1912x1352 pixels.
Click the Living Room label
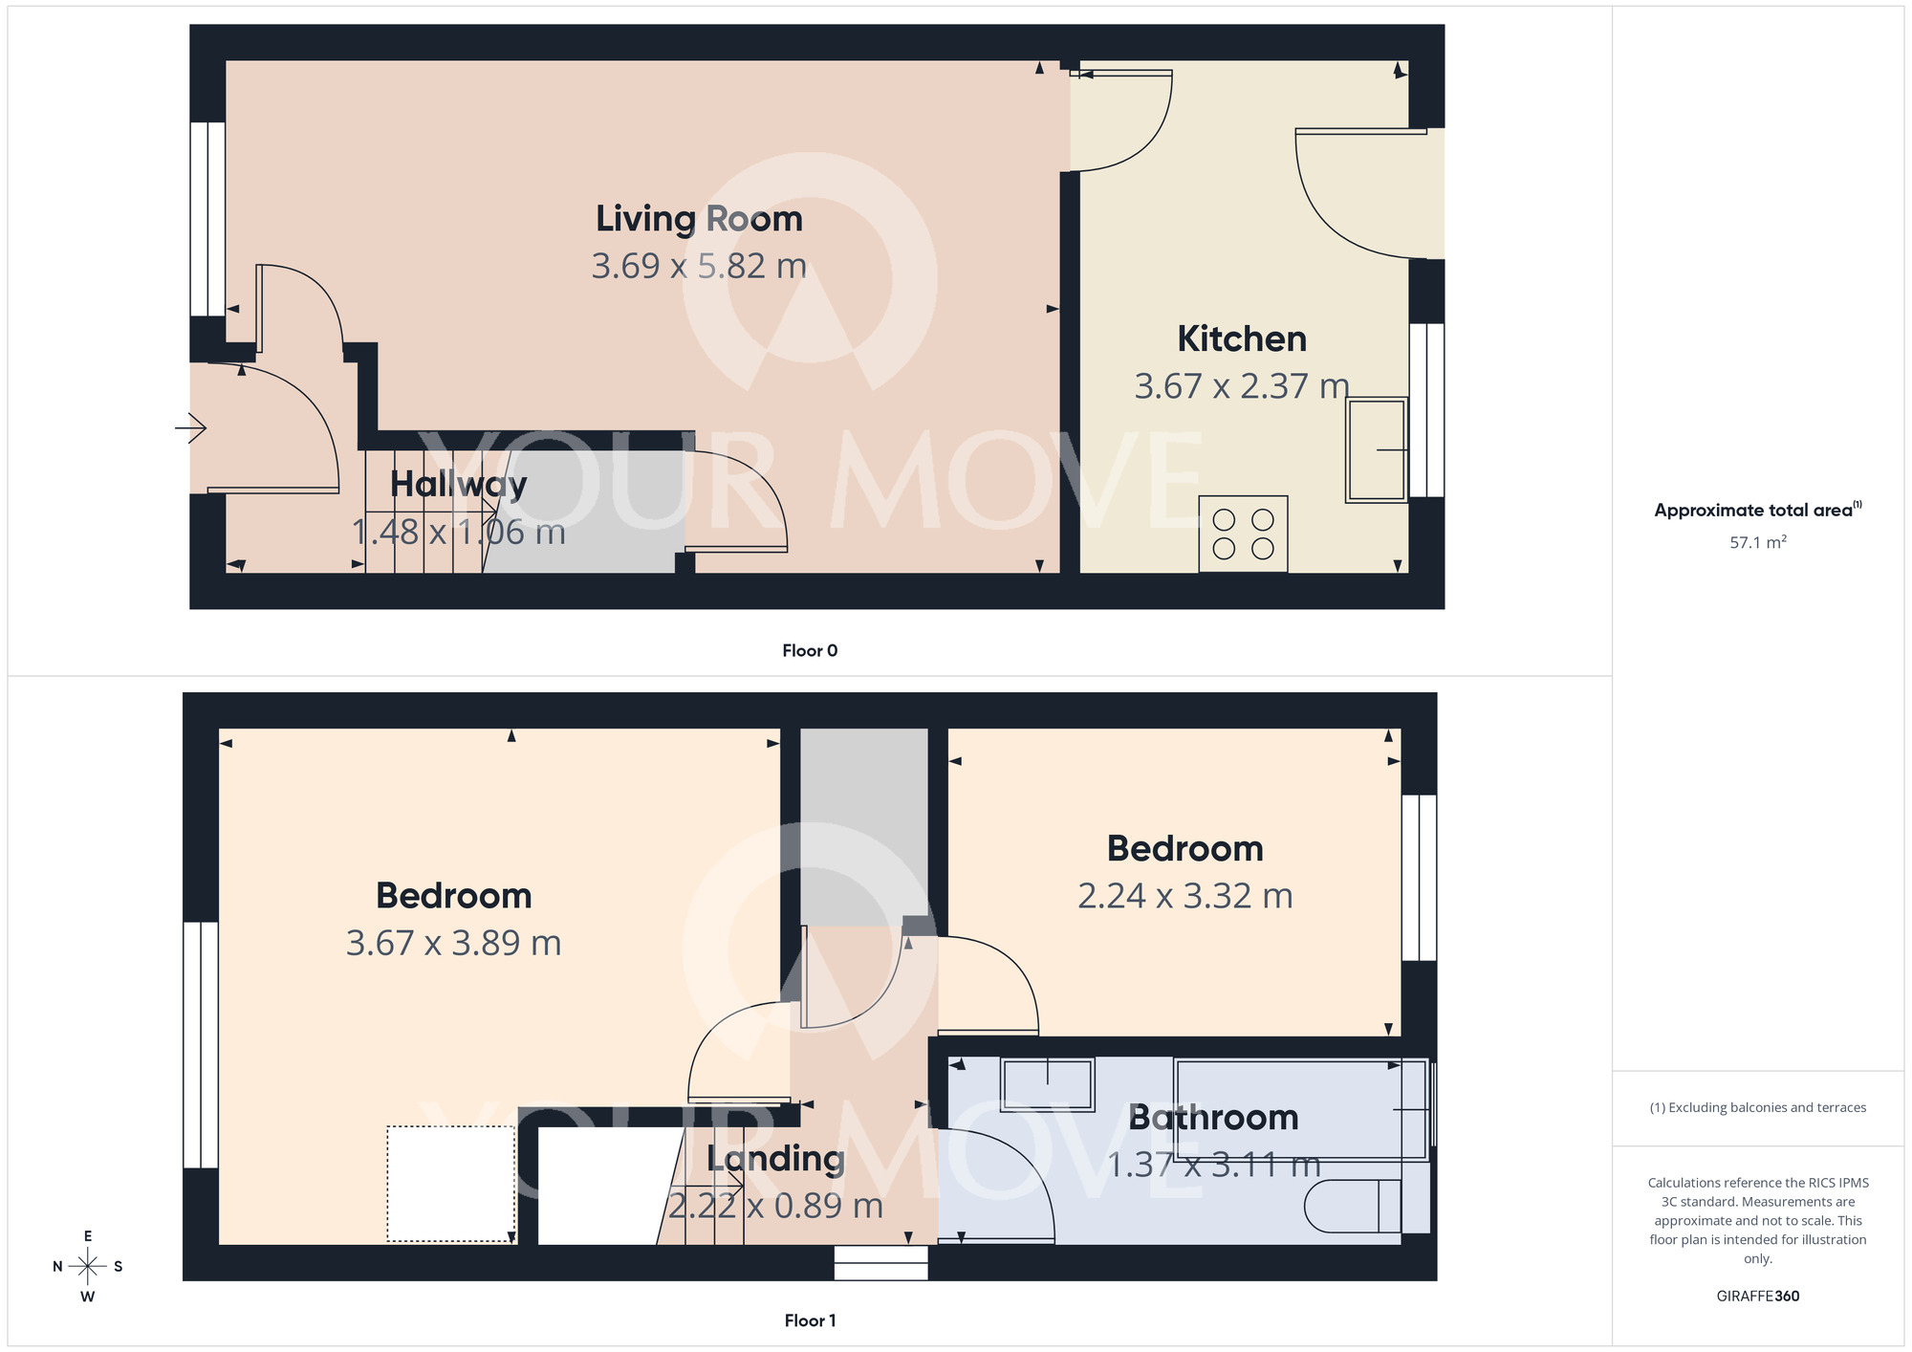coord(699,219)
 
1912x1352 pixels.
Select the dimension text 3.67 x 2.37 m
coord(1241,386)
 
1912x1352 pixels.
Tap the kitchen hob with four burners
coord(1243,534)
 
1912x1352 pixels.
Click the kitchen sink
coord(1377,449)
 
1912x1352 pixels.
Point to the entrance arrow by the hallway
coord(191,427)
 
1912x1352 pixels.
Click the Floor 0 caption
coord(810,651)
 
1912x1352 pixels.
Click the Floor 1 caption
coord(810,1320)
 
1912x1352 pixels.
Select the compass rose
coord(88,1267)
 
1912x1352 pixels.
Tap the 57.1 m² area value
coord(1757,542)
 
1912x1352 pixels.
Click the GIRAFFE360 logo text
coord(1757,1297)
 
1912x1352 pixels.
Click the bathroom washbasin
coord(1047,1083)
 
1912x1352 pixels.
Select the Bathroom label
coord(1213,1118)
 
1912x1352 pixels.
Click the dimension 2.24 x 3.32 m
coord(1184,897)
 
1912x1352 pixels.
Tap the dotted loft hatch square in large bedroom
coord(450,1184)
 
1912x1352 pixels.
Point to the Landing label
coord(775,1159)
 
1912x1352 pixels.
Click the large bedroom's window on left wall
coord(201,1044)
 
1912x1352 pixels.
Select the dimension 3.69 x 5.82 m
coord(699,266)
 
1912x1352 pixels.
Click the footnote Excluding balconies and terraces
coord(1757,1108)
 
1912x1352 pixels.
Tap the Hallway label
coord(458,485)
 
